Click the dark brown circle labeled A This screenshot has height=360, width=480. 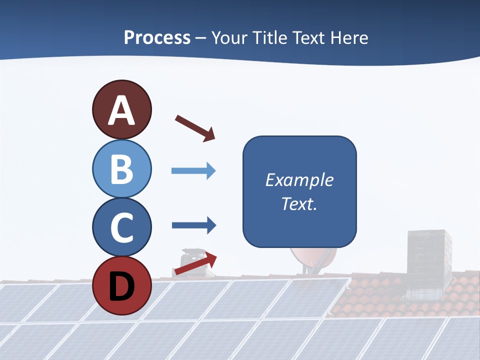(x=121, y=109)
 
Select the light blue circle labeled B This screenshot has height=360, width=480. (x=121, y=168)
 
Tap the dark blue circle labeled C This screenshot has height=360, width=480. (x=121, y=227)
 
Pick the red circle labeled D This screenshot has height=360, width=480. (x=121, y=285)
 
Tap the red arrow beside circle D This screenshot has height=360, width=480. (x=195, y=264)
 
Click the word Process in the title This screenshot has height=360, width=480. (x=157, y=37)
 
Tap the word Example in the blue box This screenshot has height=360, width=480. (x=299, y=180)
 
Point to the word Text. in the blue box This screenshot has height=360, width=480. (x=299, y=203)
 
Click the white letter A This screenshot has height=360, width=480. (x=121, y=110)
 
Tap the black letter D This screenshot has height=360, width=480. (x=121, y=285)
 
